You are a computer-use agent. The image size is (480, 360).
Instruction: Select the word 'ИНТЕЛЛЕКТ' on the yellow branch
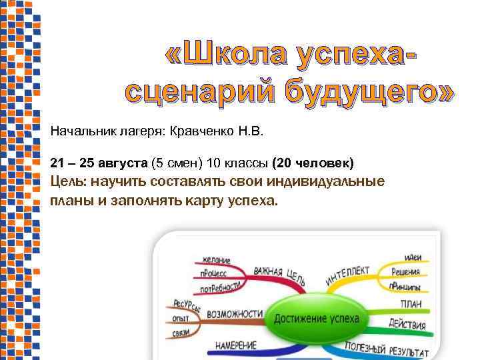coord(347,276)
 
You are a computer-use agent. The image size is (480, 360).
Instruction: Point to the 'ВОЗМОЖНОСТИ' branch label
coord(233,313)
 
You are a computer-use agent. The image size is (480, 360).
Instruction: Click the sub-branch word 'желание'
coord(214,260)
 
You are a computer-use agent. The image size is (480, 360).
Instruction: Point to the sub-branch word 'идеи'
coord(412,258)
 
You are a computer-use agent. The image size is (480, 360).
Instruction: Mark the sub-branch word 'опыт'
coord(180,319)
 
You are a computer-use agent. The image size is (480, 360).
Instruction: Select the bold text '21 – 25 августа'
coord(99,163)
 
